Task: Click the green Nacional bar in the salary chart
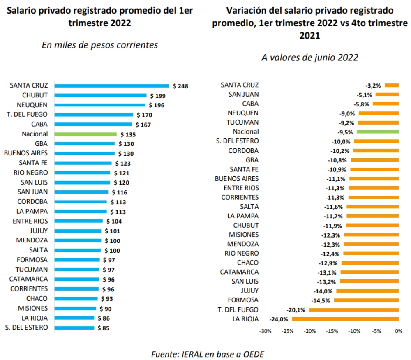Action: [85, 134]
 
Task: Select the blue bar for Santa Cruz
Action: [111, 86]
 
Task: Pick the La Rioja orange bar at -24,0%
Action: [345, 319]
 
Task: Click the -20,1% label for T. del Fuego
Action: [296, 309]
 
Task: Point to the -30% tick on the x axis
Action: [266, 331]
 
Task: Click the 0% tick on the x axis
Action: [398, 331]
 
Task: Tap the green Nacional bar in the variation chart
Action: [378, 132]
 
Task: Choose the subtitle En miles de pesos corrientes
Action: [100, 45]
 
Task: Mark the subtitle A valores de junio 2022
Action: [310, 58]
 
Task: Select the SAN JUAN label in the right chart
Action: [243, 94]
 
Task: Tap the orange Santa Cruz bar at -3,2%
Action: [392, 85]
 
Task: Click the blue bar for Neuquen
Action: [101, 105]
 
